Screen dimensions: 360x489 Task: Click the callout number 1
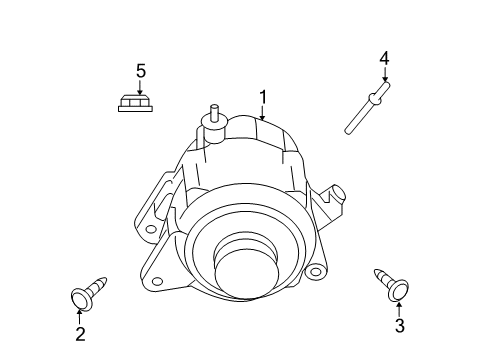point(263,97)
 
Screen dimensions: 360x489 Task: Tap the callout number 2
point(80,335)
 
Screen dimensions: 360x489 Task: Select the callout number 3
point(399,325)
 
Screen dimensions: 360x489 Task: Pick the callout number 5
point(141,70)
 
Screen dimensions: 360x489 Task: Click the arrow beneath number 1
point(263,113)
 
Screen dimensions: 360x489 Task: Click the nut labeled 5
point(134,103)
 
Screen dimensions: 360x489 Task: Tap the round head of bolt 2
point(81,297)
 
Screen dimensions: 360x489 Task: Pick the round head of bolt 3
point(398,289)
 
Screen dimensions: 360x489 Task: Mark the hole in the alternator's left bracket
point(151,228)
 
